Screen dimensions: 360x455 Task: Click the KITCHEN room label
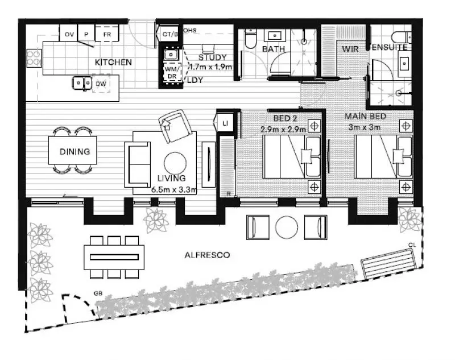click(114, 62)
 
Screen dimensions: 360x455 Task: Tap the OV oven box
click(70, 35)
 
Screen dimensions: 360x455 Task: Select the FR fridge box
click(106, 35)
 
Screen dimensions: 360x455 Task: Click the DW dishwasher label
click(101, 84)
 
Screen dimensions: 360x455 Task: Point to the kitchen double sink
click(82, 84)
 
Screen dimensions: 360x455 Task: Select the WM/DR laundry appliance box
click(171, 73)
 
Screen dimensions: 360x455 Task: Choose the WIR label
click(349, 49)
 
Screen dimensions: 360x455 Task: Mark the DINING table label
click(75, 152)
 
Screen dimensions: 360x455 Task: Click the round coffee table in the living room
click(175, 161)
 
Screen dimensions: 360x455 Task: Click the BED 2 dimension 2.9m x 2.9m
click(283, 129)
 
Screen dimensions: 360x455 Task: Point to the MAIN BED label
click(366, 117)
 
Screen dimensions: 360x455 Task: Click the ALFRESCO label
click(207, 256)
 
